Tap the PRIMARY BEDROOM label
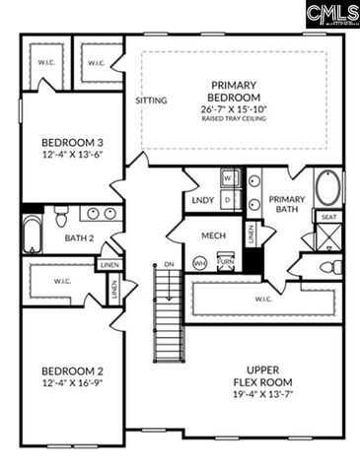coord(233,92)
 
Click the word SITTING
coord(150,101)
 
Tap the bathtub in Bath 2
coord(32,235)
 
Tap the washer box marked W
coord(227,178)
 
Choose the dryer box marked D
coord(227,198)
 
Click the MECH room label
coord(214,236)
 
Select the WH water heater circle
coord(199,262)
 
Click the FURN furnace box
coord(226,261)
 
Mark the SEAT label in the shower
coord(327,217)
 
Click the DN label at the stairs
coord(169,264)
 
